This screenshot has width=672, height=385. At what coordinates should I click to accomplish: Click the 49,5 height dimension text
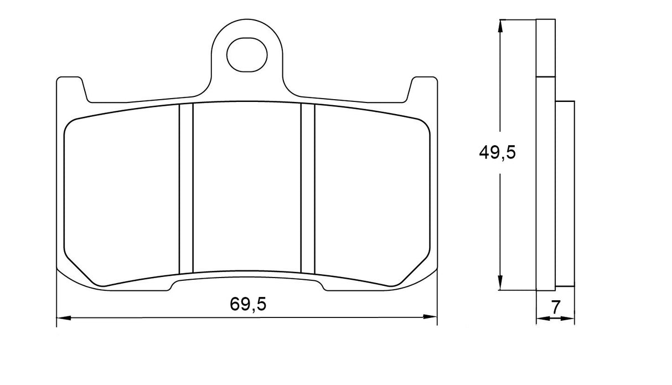(497, 153)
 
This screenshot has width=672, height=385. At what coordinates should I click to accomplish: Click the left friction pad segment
(122, 194)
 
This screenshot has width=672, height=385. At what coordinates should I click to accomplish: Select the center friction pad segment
(247, 188)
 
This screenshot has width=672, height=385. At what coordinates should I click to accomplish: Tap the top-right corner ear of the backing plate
(423, 89)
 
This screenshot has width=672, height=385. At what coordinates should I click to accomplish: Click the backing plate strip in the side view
(545, 183)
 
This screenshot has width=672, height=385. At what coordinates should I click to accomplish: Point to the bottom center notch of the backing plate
(247, 284)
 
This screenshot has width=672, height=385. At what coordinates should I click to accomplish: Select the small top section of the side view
(545, 48)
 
